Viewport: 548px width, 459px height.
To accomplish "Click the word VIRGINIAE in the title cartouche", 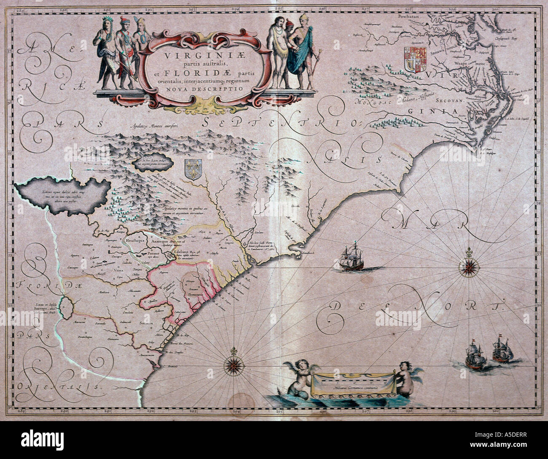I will [199, 55].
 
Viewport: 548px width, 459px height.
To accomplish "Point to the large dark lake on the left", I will [63, 194].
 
